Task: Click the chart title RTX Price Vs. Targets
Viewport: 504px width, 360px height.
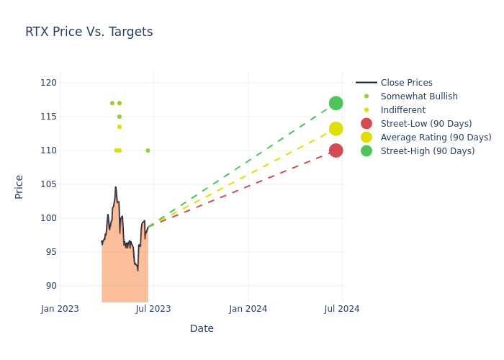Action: click(89, 32)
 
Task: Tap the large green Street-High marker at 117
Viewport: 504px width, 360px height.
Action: click(336, 103)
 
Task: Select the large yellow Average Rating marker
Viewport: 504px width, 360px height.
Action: click(336, 129)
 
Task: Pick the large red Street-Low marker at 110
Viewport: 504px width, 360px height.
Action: click(336, 150)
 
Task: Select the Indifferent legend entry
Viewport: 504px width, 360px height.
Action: click(402, 110)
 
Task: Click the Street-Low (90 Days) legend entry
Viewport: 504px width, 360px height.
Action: click(426, 124)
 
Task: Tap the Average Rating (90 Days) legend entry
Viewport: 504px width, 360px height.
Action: click(436, 138)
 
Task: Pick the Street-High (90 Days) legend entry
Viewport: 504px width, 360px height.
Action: click(428, 151)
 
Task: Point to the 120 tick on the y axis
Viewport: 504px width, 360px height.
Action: click(48, 83)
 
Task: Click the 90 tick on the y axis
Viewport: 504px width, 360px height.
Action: click(50, 286)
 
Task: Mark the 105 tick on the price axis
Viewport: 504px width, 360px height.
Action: click(48, 184)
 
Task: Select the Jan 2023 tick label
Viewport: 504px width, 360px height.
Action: click(60, 309)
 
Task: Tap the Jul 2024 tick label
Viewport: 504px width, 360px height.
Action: click(342, 309)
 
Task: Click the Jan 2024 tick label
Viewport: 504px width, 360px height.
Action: click(248, 309)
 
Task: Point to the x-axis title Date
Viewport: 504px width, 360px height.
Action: click(202, 329)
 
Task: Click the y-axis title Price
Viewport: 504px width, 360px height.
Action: click(19, 186)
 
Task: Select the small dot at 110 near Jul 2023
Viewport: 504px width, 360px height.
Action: click(148, 150)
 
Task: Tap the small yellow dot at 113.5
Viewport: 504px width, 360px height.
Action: click(120, 127)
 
